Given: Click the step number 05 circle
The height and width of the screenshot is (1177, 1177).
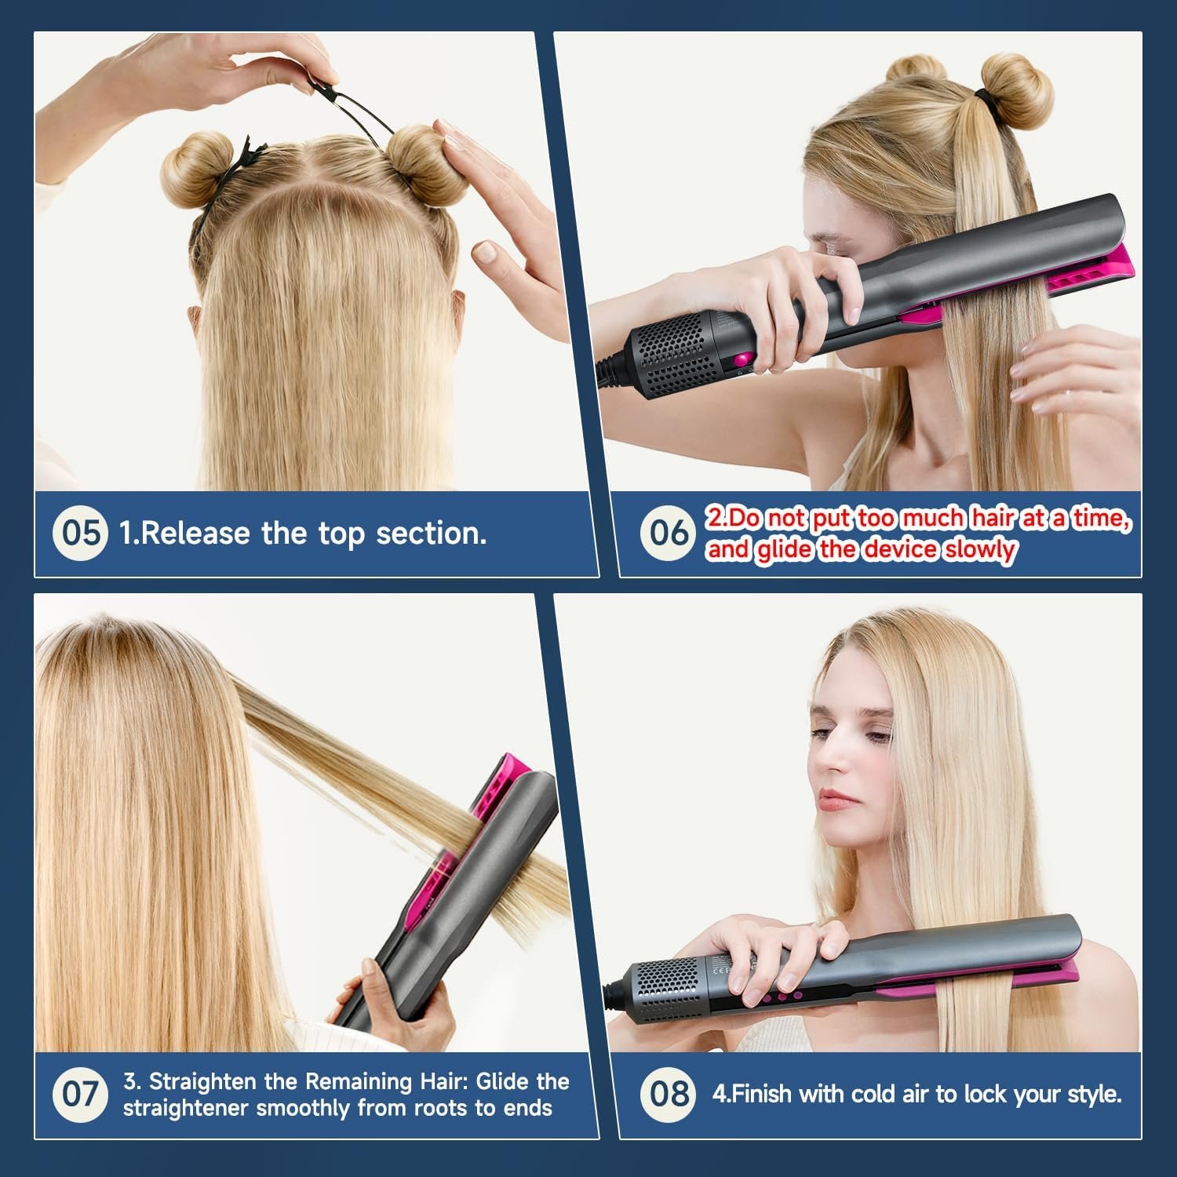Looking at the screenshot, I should click(80, 533).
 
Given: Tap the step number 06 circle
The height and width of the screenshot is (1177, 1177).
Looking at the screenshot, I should click(668, 533).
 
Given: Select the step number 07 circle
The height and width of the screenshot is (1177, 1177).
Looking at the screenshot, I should click(80, 1094).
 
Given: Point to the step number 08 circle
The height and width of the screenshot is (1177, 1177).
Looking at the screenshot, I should click(669, 1094).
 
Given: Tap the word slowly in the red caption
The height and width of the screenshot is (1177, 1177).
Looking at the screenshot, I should click(979, 549).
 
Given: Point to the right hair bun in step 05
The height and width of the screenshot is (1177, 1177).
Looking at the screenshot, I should click(420, 157).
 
